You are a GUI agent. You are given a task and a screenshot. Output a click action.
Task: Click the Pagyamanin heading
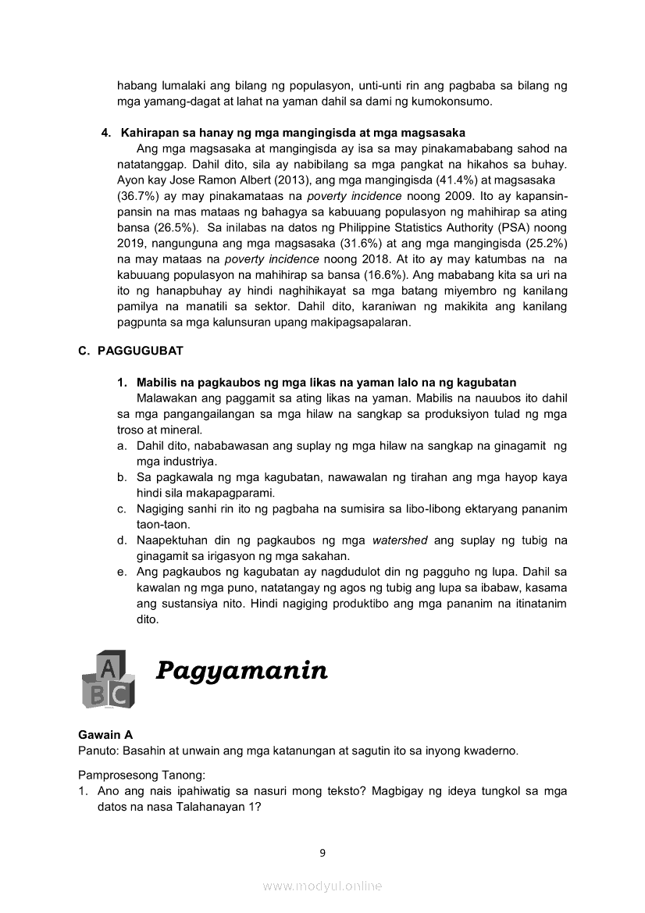(x=241, y=670)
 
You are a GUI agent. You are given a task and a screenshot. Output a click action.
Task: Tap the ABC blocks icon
(x=108, y=678)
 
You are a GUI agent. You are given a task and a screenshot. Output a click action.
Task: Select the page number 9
(x=322, y=853)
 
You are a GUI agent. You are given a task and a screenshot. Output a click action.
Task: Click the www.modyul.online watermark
(x=322, y=886)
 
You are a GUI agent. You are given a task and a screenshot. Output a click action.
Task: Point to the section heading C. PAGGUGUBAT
(x=130, y=351)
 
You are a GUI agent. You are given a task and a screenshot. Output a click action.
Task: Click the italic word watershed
(x=400, y=540)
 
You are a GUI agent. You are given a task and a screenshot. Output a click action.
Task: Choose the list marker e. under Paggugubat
(x=123, y=572)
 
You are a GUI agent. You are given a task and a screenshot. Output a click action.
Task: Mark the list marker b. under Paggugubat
(x=123, y=477)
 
